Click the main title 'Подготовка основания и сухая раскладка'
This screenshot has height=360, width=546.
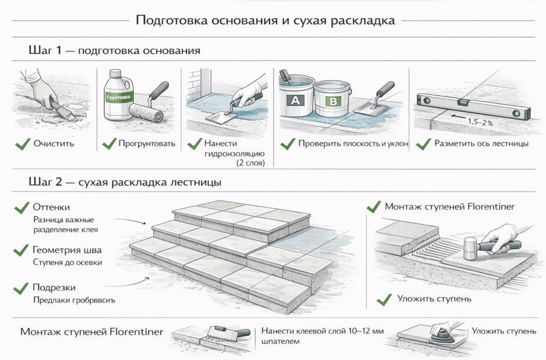pos(265,21)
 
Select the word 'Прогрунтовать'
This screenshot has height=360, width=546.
pos(147,143)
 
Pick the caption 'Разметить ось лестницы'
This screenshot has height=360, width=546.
pos(481,143)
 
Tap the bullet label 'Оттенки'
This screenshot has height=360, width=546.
pos(51,207)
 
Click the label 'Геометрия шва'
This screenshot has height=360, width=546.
pos(67,250)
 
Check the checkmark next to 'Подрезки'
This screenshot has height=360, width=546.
pos(21,288)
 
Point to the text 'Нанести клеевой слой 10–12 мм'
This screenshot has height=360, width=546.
pos(323,331)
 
